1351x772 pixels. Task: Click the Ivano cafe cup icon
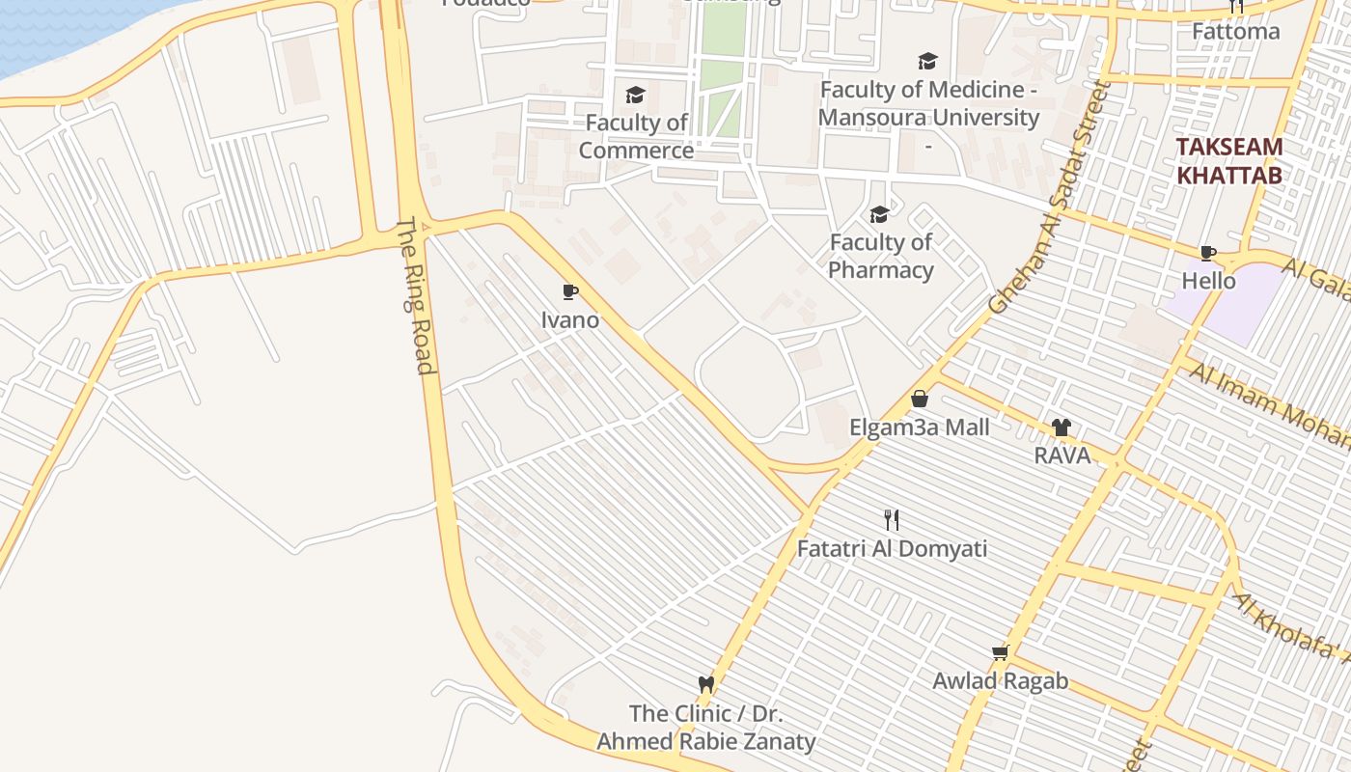[x=570, y=291]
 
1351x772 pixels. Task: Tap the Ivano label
[x=570, y=319]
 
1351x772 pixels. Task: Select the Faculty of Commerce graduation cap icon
[x=635, y=95]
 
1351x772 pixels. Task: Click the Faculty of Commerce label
[x=637, y=136]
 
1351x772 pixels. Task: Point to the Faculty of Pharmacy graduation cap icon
[x=879, y=214]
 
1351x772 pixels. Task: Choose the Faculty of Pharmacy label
[x=881, y=256]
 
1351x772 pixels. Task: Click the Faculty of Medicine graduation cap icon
[x=927, y=62]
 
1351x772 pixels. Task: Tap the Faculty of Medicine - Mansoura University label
[x=928, y=104]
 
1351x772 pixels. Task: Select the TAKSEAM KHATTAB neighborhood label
[x=1229, y=161]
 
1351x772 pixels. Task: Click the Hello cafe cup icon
[x=1207, y=253]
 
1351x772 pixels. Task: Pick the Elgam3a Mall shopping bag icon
[x=920, y=399]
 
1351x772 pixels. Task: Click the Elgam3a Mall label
[x=920, y=427]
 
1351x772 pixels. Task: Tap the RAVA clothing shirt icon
[x=1061, y=427]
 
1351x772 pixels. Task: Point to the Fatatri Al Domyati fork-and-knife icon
[x=892, y=520]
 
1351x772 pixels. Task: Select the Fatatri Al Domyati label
[x=892, y=549]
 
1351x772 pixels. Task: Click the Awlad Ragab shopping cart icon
[x=1001, y=652]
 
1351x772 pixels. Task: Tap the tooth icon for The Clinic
[x=706, y=685]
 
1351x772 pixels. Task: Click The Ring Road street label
[x=416, y=295]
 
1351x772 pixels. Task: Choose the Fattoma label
[x=1236, y=31]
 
